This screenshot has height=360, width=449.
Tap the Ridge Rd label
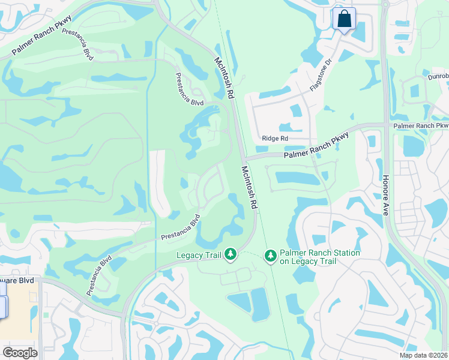[x=276, y=139]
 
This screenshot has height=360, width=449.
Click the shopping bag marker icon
[x=345, y=19]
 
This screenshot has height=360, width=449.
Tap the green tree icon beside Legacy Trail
[x=230, y=256]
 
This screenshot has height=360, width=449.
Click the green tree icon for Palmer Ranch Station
[x=271, y=256]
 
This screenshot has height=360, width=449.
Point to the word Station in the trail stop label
[x=343, y=253]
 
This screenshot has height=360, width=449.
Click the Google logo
[x=20, y=353]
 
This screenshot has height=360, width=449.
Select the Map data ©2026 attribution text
[x=424, y=355]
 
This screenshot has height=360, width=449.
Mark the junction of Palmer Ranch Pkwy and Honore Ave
[x=384, y=125]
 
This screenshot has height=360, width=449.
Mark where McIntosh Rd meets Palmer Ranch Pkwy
[x=244, y=157]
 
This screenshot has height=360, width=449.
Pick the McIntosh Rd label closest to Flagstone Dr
[x=224, y=78]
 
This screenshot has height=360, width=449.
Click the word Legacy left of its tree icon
[x=189, y=256]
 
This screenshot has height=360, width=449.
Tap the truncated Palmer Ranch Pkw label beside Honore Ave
[x=421, y=125]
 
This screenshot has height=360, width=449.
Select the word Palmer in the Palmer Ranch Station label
[x=291, y=253]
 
